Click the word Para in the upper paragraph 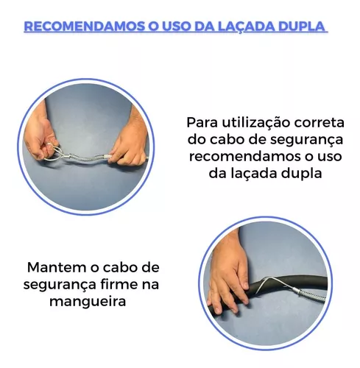(x=202, y=122)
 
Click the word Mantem (x=57, y=267)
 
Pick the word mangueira (x=88, y=302)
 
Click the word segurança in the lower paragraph (x=60, y=285)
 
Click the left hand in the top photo (x=39, y=135)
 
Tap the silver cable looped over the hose (x=282, y=286)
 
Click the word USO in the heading (x=176, y=26)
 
